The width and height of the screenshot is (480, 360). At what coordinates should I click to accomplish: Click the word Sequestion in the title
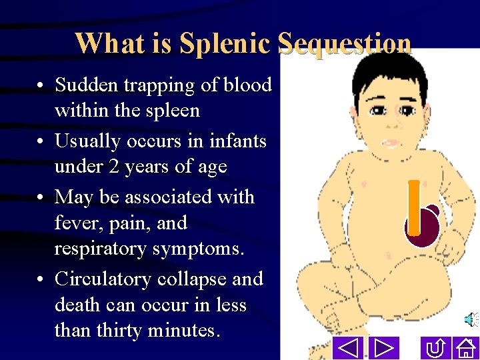click(x=344, y=44)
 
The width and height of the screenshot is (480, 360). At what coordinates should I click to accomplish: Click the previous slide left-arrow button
click(x=347, y=347)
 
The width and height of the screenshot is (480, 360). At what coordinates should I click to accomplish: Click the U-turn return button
click(x=435, y=347)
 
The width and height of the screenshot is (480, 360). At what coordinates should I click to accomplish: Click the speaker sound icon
click(x=470, y=321)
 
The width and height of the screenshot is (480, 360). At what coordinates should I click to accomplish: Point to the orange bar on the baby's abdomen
click(x=414, y=207)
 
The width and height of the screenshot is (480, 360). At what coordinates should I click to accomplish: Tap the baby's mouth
click(x=390, y=143)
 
